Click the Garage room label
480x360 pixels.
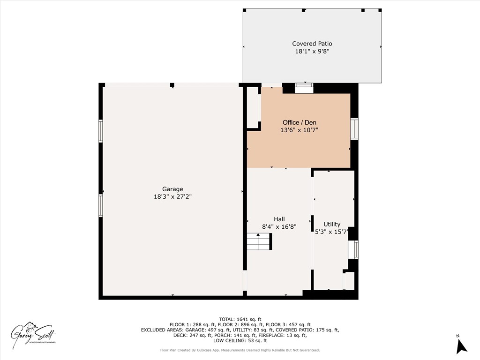(x=172, y=189)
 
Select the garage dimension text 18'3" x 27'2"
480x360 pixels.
(x=172, y=197)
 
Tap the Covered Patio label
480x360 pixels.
(x=312, y=44)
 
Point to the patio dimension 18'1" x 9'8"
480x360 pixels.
(x=312, y=52)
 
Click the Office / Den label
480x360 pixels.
(x=299, y=122)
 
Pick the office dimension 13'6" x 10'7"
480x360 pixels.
(x=299, y=130)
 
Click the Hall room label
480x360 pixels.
(x=279, y=219)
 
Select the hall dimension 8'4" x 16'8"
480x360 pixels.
(x=279, y=226)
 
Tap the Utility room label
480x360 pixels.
(x=332, y=224)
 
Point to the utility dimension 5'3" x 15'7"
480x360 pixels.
(x=332, y=232)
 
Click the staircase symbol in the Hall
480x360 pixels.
(x=259, y=242)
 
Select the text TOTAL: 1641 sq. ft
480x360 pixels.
(x=240, y=319)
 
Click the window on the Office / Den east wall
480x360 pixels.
(x=354, y=129)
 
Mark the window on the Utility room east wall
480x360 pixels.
(x=356, y=250)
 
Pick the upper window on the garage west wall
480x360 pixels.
(x=100, y=131)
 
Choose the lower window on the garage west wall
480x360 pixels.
(x=100, y=205)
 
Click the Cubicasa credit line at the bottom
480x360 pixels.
(x=240, y=350)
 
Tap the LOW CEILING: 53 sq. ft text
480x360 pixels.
(x=240, y=340)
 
